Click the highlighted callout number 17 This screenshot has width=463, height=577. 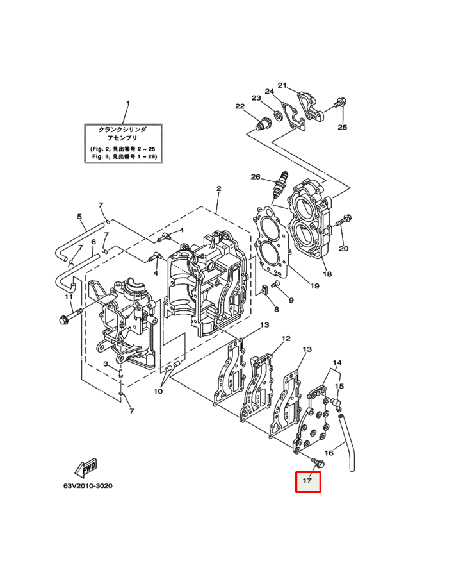(x=307, y=481)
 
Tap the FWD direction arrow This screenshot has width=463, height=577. (x=86, y=468)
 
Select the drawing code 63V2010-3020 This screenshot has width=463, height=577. (x=88, y=486)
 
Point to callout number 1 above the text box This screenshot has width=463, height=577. (x=128, y=103)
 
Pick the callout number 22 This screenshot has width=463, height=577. (x=240, y=106)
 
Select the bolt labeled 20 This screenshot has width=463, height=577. (x=344, y=220)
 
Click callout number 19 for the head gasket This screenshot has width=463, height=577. (x=314, y=286)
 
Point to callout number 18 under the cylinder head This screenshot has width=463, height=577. (x=327, y=274)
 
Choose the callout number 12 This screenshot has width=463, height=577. (x=286, y=338)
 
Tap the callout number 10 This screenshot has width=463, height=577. (x=158, y=391)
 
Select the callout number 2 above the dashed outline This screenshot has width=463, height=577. (x=218, y=188)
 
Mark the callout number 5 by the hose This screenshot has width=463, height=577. (x=79, y=217)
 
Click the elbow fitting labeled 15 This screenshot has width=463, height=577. (x=336, y=403)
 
